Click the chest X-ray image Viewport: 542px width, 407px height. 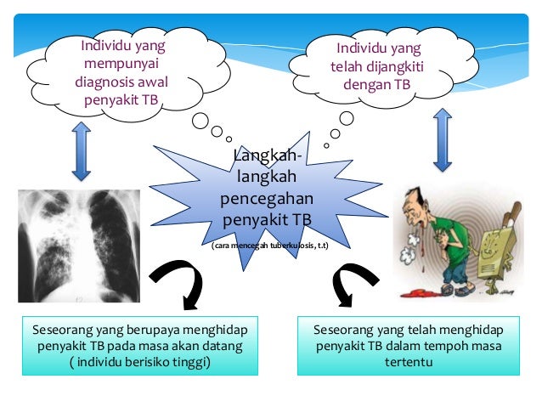click(78, 246)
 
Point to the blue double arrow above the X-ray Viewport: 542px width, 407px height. click(82, 150)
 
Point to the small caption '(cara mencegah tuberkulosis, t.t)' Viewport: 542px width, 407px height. click(269, 246)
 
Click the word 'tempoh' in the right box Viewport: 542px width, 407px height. click(454, 347)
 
